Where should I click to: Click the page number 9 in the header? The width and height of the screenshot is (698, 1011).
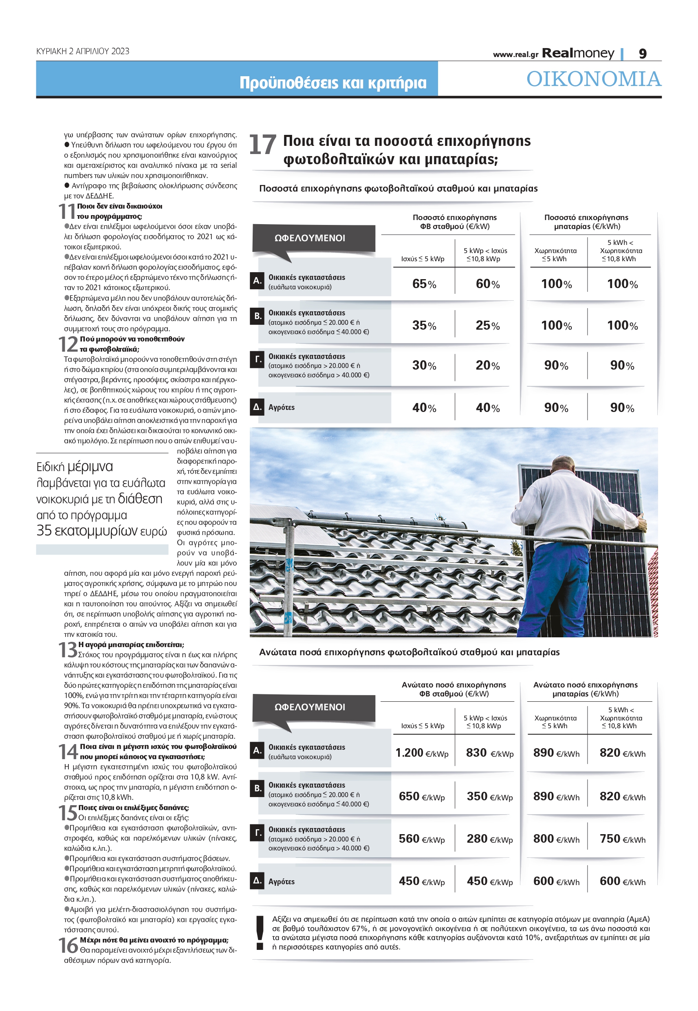[x=643, y=53]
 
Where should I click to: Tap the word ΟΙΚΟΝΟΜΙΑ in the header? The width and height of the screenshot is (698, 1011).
[x=593, y=79]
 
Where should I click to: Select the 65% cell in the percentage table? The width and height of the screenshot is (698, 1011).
[x=424, y=284]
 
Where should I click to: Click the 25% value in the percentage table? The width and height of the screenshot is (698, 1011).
[x=487, y=325]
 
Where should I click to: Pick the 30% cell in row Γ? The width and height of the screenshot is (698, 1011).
[x=424, y=365]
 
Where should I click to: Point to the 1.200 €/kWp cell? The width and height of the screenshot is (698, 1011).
[x=422, y=753]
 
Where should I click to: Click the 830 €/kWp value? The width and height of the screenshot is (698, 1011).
[x=489, y=753]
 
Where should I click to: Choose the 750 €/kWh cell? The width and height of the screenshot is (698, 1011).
[x=622, y=838]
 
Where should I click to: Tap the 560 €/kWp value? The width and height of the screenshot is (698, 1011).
[x=422, y=838]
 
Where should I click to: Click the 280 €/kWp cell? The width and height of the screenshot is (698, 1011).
[x=489, y=838]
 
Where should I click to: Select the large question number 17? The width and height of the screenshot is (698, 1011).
[x=262, y=145]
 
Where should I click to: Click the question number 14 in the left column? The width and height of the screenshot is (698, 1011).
[x=68, y=752]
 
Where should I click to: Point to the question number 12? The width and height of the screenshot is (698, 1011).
[x=68, y=344]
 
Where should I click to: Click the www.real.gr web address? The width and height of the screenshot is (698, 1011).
[x=515, y=55]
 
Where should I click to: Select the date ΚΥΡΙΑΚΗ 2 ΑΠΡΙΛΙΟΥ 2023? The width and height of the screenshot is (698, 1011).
[x=83, y=51]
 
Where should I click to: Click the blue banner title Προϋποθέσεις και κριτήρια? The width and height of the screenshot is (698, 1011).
[x=332, y=83]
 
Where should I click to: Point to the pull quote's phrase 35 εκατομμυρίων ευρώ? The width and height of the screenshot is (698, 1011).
[x=101, y=531]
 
